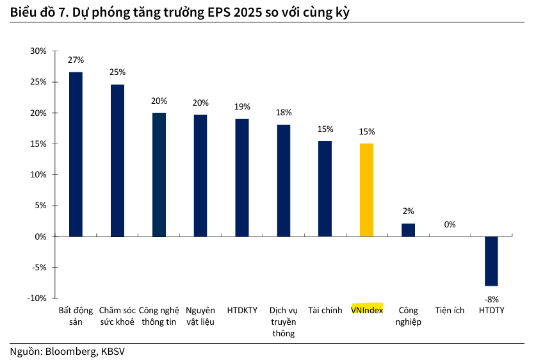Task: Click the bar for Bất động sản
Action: coord(76,154)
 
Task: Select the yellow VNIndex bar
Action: coord(366,190)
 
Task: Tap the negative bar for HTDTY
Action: coord(491,261)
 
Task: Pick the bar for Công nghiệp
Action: coord(408,230)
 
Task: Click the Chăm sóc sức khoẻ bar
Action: coord(117,161)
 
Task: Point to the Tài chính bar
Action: coord(325,189)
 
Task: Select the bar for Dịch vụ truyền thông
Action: coord(284,181)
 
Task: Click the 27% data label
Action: coord(76,60)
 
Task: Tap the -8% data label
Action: coord(491,299)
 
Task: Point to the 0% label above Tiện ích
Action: coord(450,224)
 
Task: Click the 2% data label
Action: coord(409,211)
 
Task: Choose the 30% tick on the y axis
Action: coord(38,51)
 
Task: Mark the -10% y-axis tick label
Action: coord(37,299)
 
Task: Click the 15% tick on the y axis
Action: coord(38,144)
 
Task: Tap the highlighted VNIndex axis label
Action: coord(367,310)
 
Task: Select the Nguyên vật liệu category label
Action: coord(200,316)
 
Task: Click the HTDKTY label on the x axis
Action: coord(242,310)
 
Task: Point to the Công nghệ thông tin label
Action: coord(158,316)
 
